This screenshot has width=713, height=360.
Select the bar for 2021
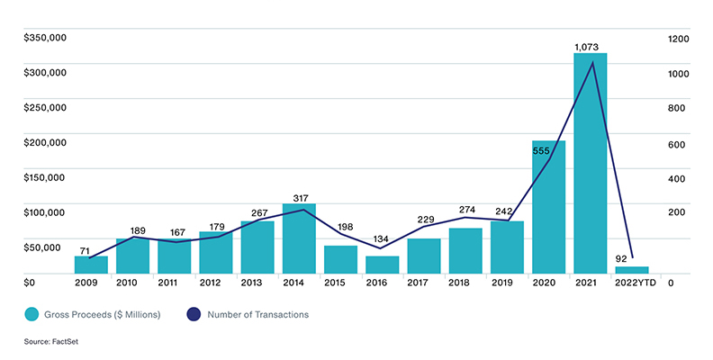coord(591,163)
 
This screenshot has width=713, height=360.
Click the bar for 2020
coord(549,207)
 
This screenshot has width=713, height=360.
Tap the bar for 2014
coord(299,238)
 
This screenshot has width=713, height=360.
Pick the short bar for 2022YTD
coord(632,269)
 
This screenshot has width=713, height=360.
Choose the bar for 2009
coord(91,265)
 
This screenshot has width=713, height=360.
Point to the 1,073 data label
coord(586,46)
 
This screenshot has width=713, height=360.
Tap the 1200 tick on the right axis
coord(678,38)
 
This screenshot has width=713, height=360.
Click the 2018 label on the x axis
coord(465,283)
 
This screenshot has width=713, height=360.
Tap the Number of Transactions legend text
coord(257,315)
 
